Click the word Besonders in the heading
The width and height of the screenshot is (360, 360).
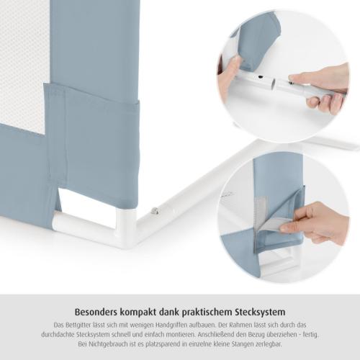point(95,312)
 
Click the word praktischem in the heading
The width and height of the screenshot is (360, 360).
point(205,312)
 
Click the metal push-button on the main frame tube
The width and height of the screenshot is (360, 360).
point(156,211)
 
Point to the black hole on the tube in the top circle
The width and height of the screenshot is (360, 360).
point(261,78)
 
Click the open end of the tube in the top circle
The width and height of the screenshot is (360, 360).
point(274,84)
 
